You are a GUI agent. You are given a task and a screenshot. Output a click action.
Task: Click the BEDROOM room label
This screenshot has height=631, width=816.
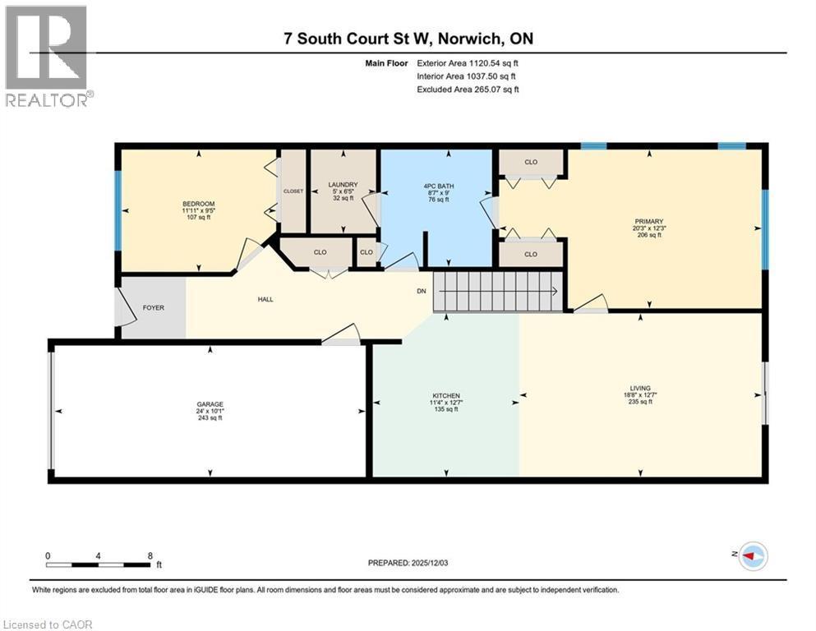coord(199,204)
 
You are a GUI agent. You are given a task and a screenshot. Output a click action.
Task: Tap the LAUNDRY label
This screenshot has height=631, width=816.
coord(343,184)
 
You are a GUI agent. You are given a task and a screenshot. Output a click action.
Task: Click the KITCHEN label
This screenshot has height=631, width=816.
coord(446,395)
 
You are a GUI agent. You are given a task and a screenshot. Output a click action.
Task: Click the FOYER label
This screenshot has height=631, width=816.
coord(153,308)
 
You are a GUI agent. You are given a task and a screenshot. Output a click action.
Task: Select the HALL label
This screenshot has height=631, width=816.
coord(265,299)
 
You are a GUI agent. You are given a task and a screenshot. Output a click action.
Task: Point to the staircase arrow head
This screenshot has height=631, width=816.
coord(556,291)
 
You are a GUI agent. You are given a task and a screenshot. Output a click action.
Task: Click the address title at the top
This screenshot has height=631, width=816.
coord(408,39)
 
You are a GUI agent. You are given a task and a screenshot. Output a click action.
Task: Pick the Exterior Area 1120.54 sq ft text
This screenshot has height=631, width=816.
coord(468,62)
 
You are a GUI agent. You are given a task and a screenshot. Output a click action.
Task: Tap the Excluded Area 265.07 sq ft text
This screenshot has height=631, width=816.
coord(468,89)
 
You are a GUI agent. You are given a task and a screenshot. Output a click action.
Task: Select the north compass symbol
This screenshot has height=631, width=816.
coord(751,556)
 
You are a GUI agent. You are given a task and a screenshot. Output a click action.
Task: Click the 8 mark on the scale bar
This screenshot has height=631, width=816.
coord(149,556)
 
